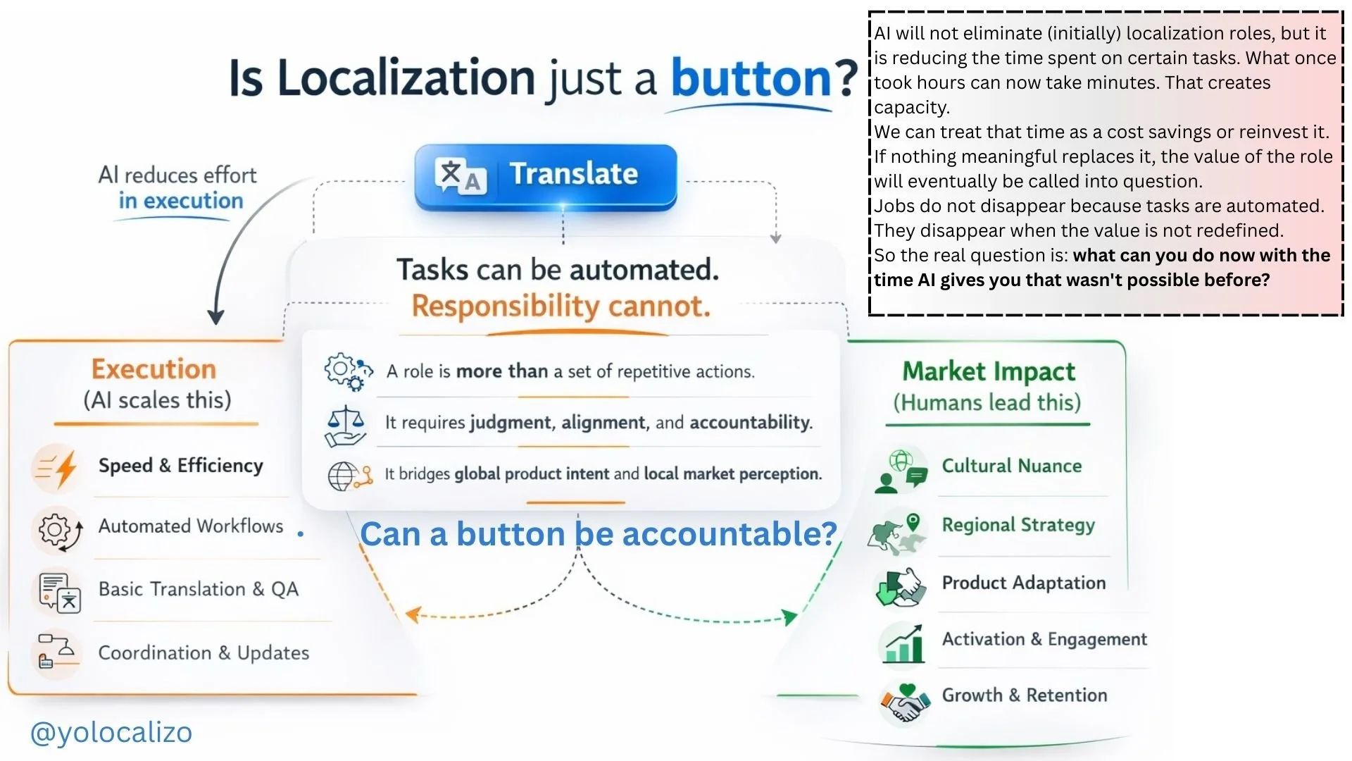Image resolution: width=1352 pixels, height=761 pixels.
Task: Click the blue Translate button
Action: point(546,176)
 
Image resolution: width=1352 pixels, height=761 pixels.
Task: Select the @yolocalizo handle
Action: point(111,733)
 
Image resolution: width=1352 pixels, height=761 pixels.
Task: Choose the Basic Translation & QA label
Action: point(199,589)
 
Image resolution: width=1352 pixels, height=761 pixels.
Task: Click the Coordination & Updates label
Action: point(204,653)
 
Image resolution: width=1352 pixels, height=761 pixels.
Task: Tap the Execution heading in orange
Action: point(154,369)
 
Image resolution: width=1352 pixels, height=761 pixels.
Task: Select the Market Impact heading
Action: point(989,371)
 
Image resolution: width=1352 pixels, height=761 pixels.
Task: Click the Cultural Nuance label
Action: point(1012,466)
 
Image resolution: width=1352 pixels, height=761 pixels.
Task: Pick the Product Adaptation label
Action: point(1024,583)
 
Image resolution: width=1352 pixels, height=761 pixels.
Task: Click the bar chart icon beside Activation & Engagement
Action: point(903,643)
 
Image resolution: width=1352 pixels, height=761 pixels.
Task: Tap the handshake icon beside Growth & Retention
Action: point(904,703)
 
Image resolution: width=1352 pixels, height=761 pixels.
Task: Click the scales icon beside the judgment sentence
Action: point(345,426)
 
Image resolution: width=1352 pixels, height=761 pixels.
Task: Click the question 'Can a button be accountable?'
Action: point(599,534)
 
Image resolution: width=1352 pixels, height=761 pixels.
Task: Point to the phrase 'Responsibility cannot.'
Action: point(561,307)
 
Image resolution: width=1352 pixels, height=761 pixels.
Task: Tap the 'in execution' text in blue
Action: point(181,201)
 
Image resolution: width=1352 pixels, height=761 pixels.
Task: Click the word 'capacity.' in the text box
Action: point(912,107)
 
